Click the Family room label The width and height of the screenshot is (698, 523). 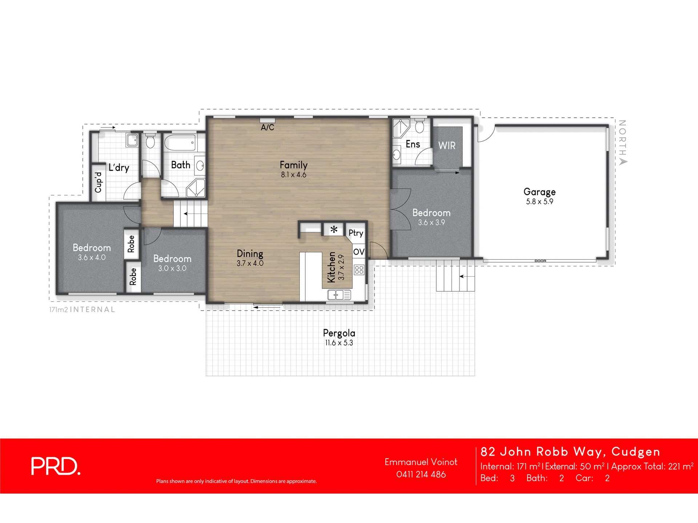[x=293, y=165]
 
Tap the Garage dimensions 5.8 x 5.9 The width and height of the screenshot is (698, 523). [x=539, y=202]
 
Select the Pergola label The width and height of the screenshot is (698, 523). [x=339, y=333]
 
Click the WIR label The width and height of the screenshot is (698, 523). [x=447, y=146]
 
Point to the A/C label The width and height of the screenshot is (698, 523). [x=267, y=127]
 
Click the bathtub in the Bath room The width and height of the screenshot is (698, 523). [x=180, y=143]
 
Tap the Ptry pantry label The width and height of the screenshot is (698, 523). [x=356, y=233]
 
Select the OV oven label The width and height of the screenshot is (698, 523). [x=359, y=252]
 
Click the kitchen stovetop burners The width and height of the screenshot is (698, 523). [x=359, y=269]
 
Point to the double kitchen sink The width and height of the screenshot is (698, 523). [x=339, y=295]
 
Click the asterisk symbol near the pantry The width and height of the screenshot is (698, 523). [x=334, y=230]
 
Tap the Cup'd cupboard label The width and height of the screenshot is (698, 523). [x=98, y=182]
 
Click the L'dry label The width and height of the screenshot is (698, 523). [x=119, y=167]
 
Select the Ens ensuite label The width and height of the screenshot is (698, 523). [x=413, y=144]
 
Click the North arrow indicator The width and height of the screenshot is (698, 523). [x=623, y=161]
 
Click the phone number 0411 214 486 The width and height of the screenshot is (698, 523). [x=421, y=474]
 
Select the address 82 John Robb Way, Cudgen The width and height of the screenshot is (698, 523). [x=570, y=451]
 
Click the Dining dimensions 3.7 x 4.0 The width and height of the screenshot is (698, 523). [x=250, y=263]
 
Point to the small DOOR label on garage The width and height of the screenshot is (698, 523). [x=540, y=261]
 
